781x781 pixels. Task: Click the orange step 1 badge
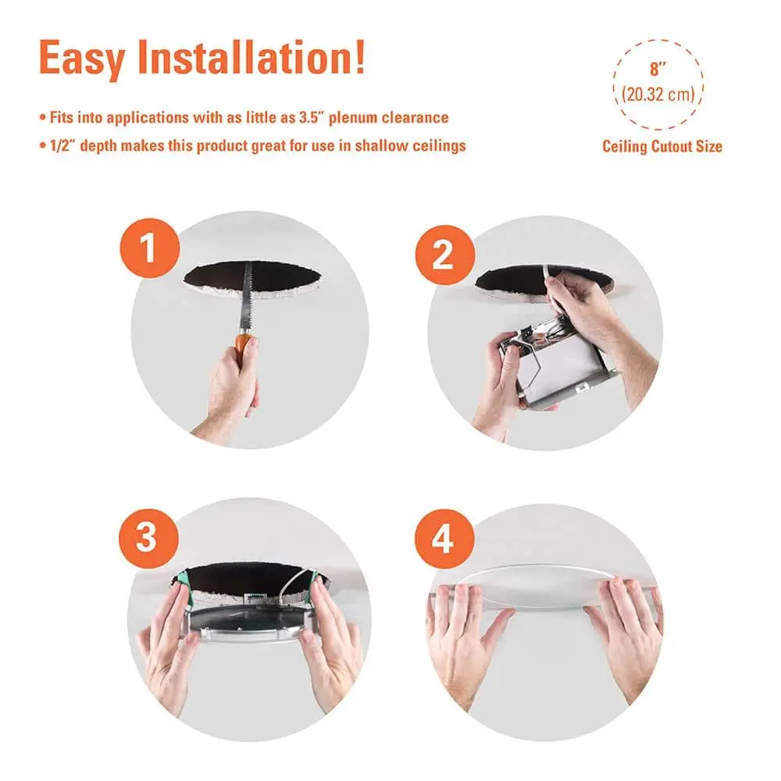tap(149, 248)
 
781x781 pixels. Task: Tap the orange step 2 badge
tap(445, 255)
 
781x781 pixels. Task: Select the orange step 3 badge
tap(148, 538)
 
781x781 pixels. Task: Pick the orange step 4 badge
tap(444, 538)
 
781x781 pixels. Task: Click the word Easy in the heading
tap(82, 59)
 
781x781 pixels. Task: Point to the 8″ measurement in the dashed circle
tap(658, 69)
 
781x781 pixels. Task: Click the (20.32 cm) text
tap(658, 95)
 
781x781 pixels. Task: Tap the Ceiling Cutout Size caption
tap(662, 147)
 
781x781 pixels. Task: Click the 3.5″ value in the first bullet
tap(312, 118)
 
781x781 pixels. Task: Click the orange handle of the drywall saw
tap(244, 343)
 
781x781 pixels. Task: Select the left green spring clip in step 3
tap(181, 583)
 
